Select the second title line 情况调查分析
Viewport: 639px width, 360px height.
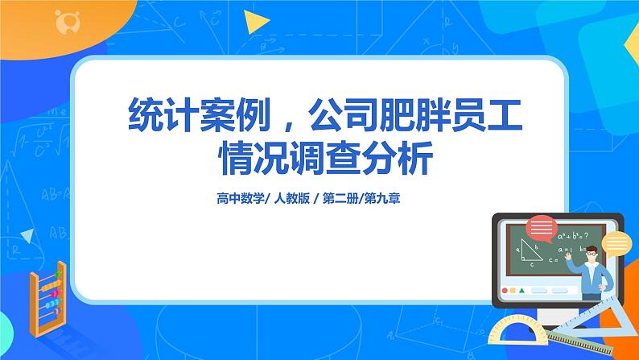(x=319, y=159)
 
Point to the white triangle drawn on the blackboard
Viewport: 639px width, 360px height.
(x=530, y=251)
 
